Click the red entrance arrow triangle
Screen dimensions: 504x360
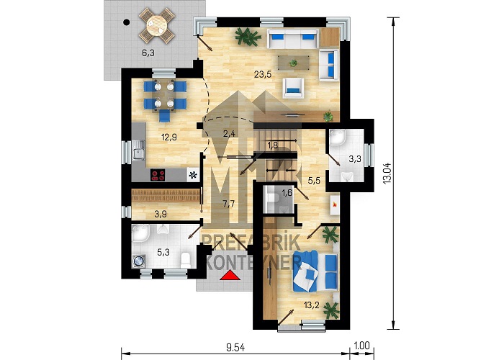230,276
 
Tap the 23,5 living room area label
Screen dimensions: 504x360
263,75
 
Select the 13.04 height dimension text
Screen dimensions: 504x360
387,173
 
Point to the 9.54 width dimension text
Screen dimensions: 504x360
235,347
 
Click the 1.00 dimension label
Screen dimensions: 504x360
361,345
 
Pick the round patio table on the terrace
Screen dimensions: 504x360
157,25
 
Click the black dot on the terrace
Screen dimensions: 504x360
127,22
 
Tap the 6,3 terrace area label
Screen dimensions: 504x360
148,53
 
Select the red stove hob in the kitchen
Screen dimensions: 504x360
158,175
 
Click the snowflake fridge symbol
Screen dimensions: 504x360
193,175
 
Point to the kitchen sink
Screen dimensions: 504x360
138,150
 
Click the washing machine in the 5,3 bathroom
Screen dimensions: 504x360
139,261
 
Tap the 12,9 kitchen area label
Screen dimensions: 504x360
168,138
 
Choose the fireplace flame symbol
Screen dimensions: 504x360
334,204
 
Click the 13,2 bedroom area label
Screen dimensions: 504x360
312,305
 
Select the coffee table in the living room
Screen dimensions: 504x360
294,63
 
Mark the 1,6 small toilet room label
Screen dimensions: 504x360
287,193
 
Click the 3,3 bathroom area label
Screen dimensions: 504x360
355,159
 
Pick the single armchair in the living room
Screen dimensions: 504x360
293,87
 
